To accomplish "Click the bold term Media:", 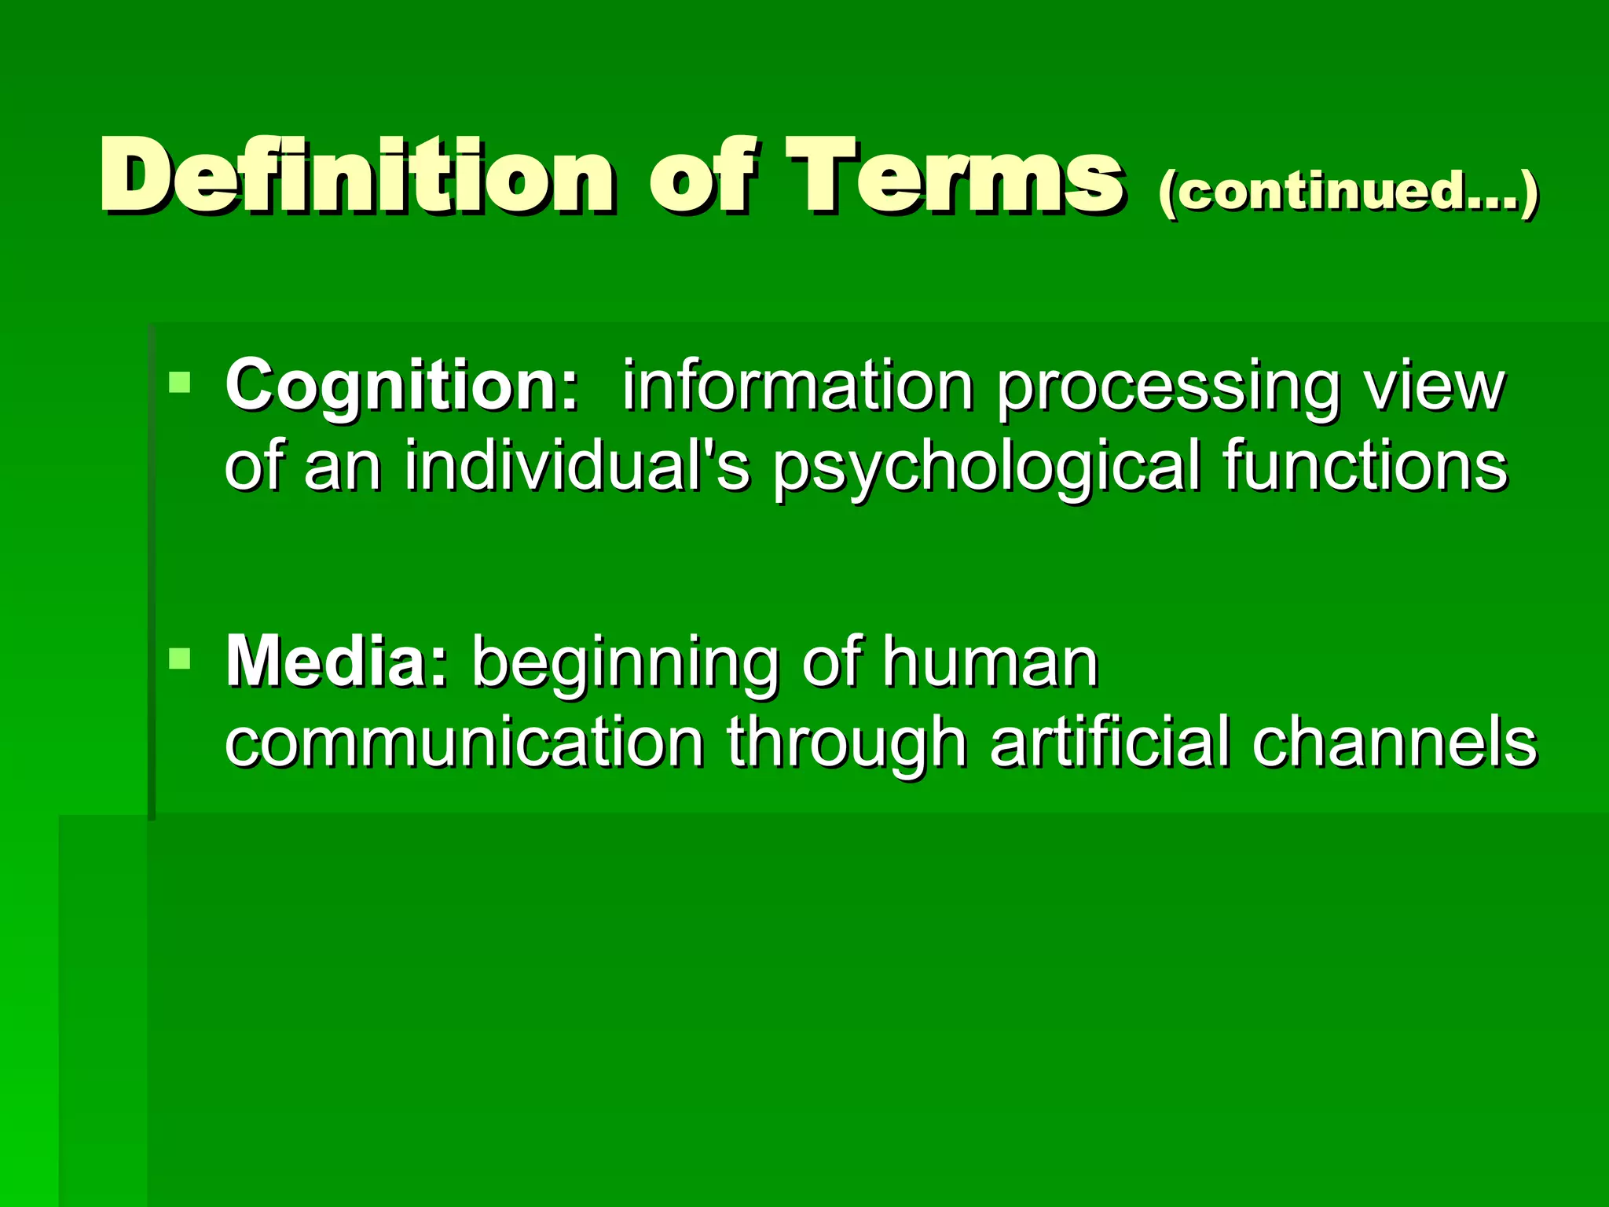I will click(337, 663).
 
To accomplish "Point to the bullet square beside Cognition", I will click(180, 383).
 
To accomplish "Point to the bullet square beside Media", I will click(180, 659).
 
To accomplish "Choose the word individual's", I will click(577, 466).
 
